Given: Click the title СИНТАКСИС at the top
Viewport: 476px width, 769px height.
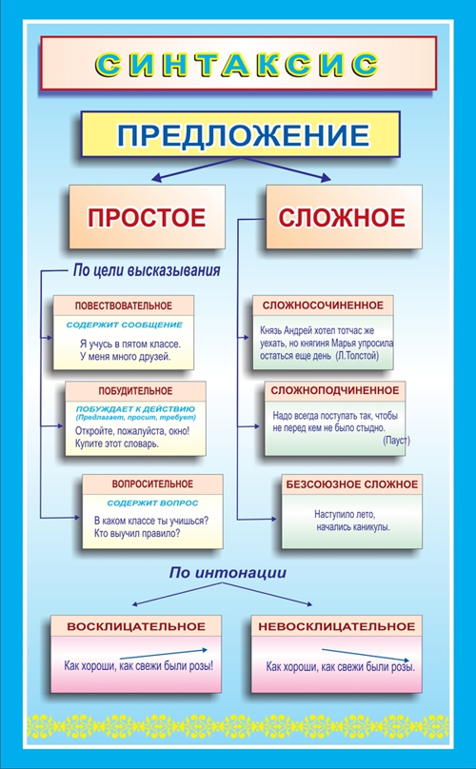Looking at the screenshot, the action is click(237, 64).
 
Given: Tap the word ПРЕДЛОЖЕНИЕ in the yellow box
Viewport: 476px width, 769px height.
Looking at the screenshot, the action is click(243, 135).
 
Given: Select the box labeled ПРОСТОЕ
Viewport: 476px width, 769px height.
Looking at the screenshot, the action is click(147, 217).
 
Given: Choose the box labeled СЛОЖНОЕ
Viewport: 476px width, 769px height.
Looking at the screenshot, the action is click(344, 217).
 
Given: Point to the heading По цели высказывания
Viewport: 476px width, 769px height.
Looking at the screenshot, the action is click(147, 270).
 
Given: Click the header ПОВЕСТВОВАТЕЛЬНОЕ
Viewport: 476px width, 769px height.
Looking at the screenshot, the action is click(123, 306).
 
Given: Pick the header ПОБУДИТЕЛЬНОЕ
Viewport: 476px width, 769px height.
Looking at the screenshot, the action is click(135, 391).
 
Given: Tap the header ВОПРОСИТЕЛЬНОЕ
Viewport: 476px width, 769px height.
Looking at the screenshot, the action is click(152, 484).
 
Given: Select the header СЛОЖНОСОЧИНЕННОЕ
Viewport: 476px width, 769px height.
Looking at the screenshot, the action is click(323, 306).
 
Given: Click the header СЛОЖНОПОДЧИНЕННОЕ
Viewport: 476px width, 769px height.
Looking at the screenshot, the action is click(335, 390).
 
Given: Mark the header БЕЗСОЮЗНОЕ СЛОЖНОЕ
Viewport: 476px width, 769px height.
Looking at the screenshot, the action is click(352, 484).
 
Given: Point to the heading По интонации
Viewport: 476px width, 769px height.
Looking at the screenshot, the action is click(228, 572).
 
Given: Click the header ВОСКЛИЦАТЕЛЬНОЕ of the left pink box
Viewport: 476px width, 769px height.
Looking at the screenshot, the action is click(136, 626).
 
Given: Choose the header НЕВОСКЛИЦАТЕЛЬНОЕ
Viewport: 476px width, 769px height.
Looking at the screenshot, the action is click(337, 626).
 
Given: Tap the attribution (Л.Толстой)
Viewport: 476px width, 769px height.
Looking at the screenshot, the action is click(357, 356).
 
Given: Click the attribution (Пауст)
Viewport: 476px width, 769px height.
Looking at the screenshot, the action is click(396, 440).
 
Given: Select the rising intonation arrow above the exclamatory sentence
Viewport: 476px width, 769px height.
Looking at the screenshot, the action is click(164, 654).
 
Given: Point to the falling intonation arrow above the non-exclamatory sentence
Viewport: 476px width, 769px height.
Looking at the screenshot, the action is click(366, 655).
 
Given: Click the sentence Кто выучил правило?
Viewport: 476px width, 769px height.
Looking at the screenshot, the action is click(137, 533).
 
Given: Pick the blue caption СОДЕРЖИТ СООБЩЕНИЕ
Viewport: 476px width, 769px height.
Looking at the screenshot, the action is click(124, 325).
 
